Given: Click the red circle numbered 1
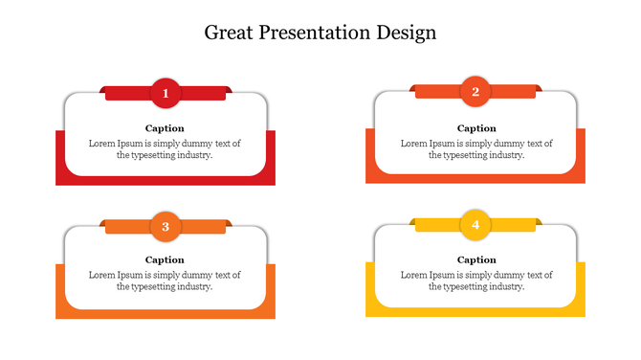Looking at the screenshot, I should pos(166,93).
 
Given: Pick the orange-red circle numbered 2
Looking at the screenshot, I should pos(475,92).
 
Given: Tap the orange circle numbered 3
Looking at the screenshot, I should pos(166,226).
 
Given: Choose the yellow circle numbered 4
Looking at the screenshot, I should pos(475,225).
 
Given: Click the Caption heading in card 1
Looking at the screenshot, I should pos(165,127).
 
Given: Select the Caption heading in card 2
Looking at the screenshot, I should pos(476,127).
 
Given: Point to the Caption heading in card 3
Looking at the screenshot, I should pos(165,259).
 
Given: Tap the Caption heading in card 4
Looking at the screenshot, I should pos(476,259).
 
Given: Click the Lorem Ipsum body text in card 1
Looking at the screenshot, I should pos(165,148).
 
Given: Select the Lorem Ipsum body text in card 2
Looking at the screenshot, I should pos(476,148).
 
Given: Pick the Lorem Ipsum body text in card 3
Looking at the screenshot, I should pos(165,281).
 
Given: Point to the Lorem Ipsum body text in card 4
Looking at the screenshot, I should pos(476,281).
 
